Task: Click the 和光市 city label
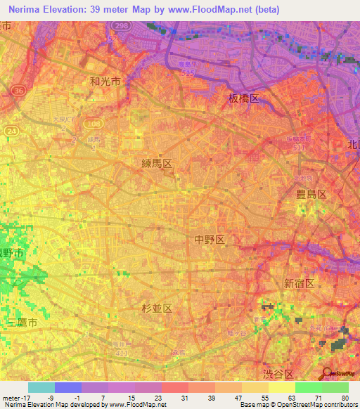(x=105, y=82)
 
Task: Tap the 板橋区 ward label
(x=244, y=98)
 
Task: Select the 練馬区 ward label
(x=156, y=163)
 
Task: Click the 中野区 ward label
(x=210, y=240)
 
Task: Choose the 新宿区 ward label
(x=299, y=283)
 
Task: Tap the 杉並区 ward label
(x=157, y=308)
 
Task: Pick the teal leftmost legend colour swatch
(x=41, y=387)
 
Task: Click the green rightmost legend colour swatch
(x=335, y=387)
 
